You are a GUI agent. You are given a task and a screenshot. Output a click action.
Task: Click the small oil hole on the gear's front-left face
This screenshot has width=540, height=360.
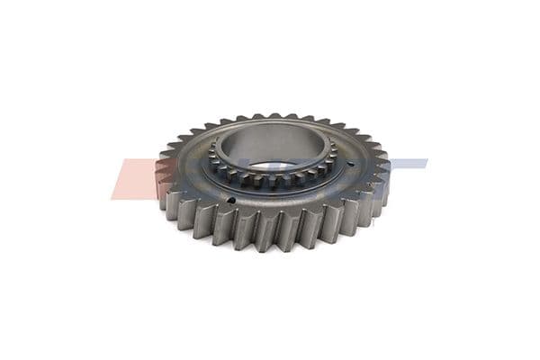(x=231, y=201)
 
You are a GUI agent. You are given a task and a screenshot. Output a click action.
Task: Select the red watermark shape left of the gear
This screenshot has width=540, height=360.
(x=135, y=177)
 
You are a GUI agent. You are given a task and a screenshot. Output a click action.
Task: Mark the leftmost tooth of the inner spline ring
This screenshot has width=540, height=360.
(x=209, y=159)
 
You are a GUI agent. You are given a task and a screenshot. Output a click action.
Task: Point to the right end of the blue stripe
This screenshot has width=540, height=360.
(x=427, y=163)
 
